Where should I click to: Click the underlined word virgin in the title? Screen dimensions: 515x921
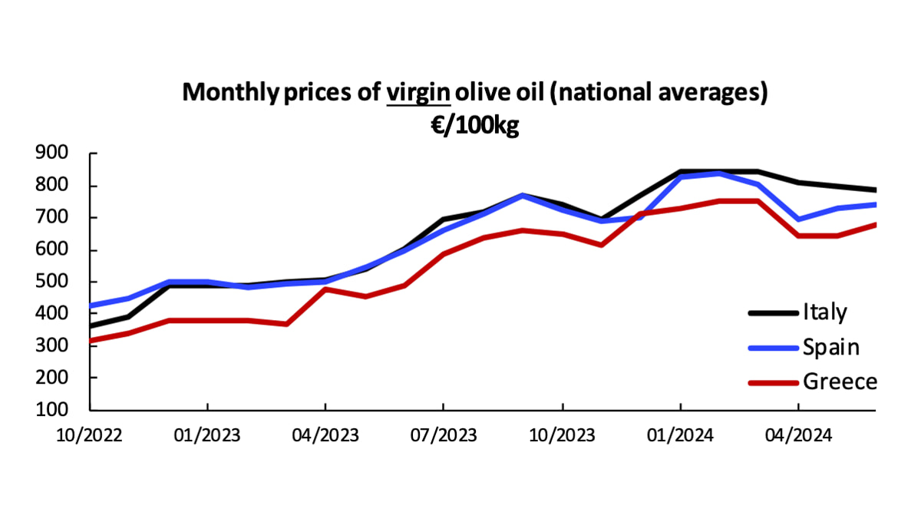418,93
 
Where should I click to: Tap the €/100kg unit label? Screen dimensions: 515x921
474,124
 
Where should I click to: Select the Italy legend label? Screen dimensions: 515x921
825,312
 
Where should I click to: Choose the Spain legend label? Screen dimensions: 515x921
830,347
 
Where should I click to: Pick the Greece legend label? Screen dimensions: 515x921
839,381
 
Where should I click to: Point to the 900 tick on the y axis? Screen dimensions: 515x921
51,154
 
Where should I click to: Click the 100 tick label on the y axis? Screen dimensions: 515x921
51,410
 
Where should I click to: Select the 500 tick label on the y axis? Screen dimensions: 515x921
51,282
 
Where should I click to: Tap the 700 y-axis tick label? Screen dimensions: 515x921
51,218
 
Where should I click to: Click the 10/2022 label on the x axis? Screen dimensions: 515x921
90,435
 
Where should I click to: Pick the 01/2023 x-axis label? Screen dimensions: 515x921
208,435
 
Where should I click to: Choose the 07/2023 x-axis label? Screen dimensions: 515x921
444,435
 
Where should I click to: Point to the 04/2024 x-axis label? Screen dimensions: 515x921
797,435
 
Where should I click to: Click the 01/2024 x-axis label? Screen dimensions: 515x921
680,435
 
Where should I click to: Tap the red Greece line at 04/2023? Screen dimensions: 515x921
325,289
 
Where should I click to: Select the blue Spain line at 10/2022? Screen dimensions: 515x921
91,305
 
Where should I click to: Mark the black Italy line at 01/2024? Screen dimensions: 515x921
680,172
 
